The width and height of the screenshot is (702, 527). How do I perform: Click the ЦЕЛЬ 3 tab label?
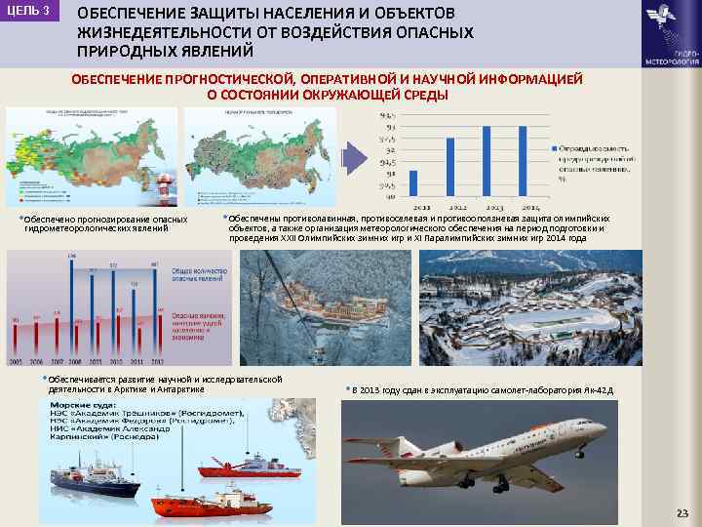(29, 10)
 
